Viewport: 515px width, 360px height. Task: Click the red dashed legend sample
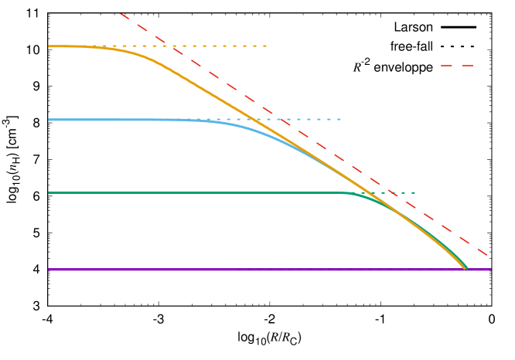[456, 66]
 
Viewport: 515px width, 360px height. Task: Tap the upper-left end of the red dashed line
[121, 14]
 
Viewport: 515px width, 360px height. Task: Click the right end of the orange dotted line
[267, 46]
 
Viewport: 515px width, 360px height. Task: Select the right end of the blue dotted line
[341, 120]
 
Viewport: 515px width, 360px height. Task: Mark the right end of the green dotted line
[416, 192]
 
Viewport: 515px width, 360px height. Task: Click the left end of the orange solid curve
[49, 46]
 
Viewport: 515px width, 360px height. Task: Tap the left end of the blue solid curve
[49, 120]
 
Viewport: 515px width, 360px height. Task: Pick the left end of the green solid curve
[49, 193]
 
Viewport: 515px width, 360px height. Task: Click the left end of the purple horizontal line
[49, 270]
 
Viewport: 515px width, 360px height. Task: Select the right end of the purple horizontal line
[491, 270]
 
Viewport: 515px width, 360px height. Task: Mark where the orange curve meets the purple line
[466, 269]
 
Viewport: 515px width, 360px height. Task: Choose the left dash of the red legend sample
[445, 66]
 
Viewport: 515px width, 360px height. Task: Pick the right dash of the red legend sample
[467, 66]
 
